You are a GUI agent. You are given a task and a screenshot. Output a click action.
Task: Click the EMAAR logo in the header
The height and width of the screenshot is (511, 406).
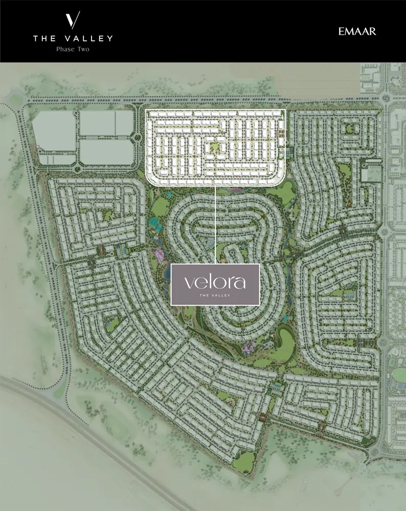pyautogui.click(x=357, y=32)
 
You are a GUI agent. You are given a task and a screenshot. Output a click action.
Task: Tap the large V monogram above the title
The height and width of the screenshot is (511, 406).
pyautogui.click(x=73, y=20)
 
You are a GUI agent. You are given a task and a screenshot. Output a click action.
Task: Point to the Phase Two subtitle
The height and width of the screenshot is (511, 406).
pyautogui.click(x=73, y=49)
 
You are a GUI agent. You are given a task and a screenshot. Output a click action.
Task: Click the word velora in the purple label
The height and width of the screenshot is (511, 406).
pyautogui.click(x=215, y=281)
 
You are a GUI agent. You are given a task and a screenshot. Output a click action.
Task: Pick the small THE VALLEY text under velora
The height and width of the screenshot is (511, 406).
pyautogui.click(x=215, y=295)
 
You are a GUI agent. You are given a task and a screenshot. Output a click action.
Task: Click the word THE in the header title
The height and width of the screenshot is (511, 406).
pyautogui.click(x=43, y=38)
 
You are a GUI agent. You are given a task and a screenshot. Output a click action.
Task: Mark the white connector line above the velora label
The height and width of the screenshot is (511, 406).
pyautogui.click(x=215, y=225)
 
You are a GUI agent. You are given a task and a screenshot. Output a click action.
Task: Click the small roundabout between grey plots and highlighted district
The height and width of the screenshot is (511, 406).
pyautogui.click(x=137, y=138)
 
